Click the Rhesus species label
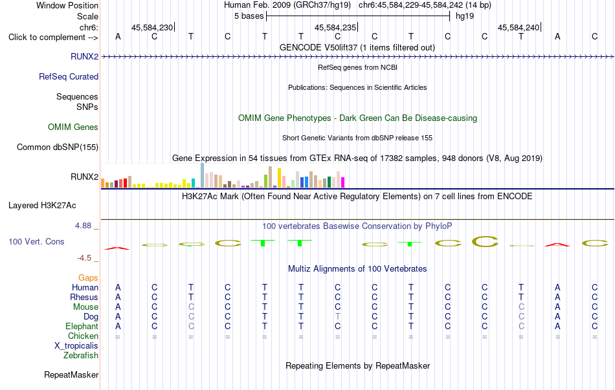[84, 297]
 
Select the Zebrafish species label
[81, 356]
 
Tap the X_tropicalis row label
[76, 346]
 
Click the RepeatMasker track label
[71, 374]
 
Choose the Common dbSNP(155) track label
[57, 147]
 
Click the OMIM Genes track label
[73, 127]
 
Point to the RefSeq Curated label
[69, 76]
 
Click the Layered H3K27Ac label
[42, 206]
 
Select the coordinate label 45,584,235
[335, 27]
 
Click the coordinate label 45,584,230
[152, 27]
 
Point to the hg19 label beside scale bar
[465, 16]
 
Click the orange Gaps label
[88, 278]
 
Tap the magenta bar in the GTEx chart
[343, 182]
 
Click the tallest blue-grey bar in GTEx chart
[203, 176]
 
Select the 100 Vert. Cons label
[36, 241]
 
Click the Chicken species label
[83, 336]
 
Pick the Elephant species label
[82, 326]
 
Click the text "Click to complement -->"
[53, 38]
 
